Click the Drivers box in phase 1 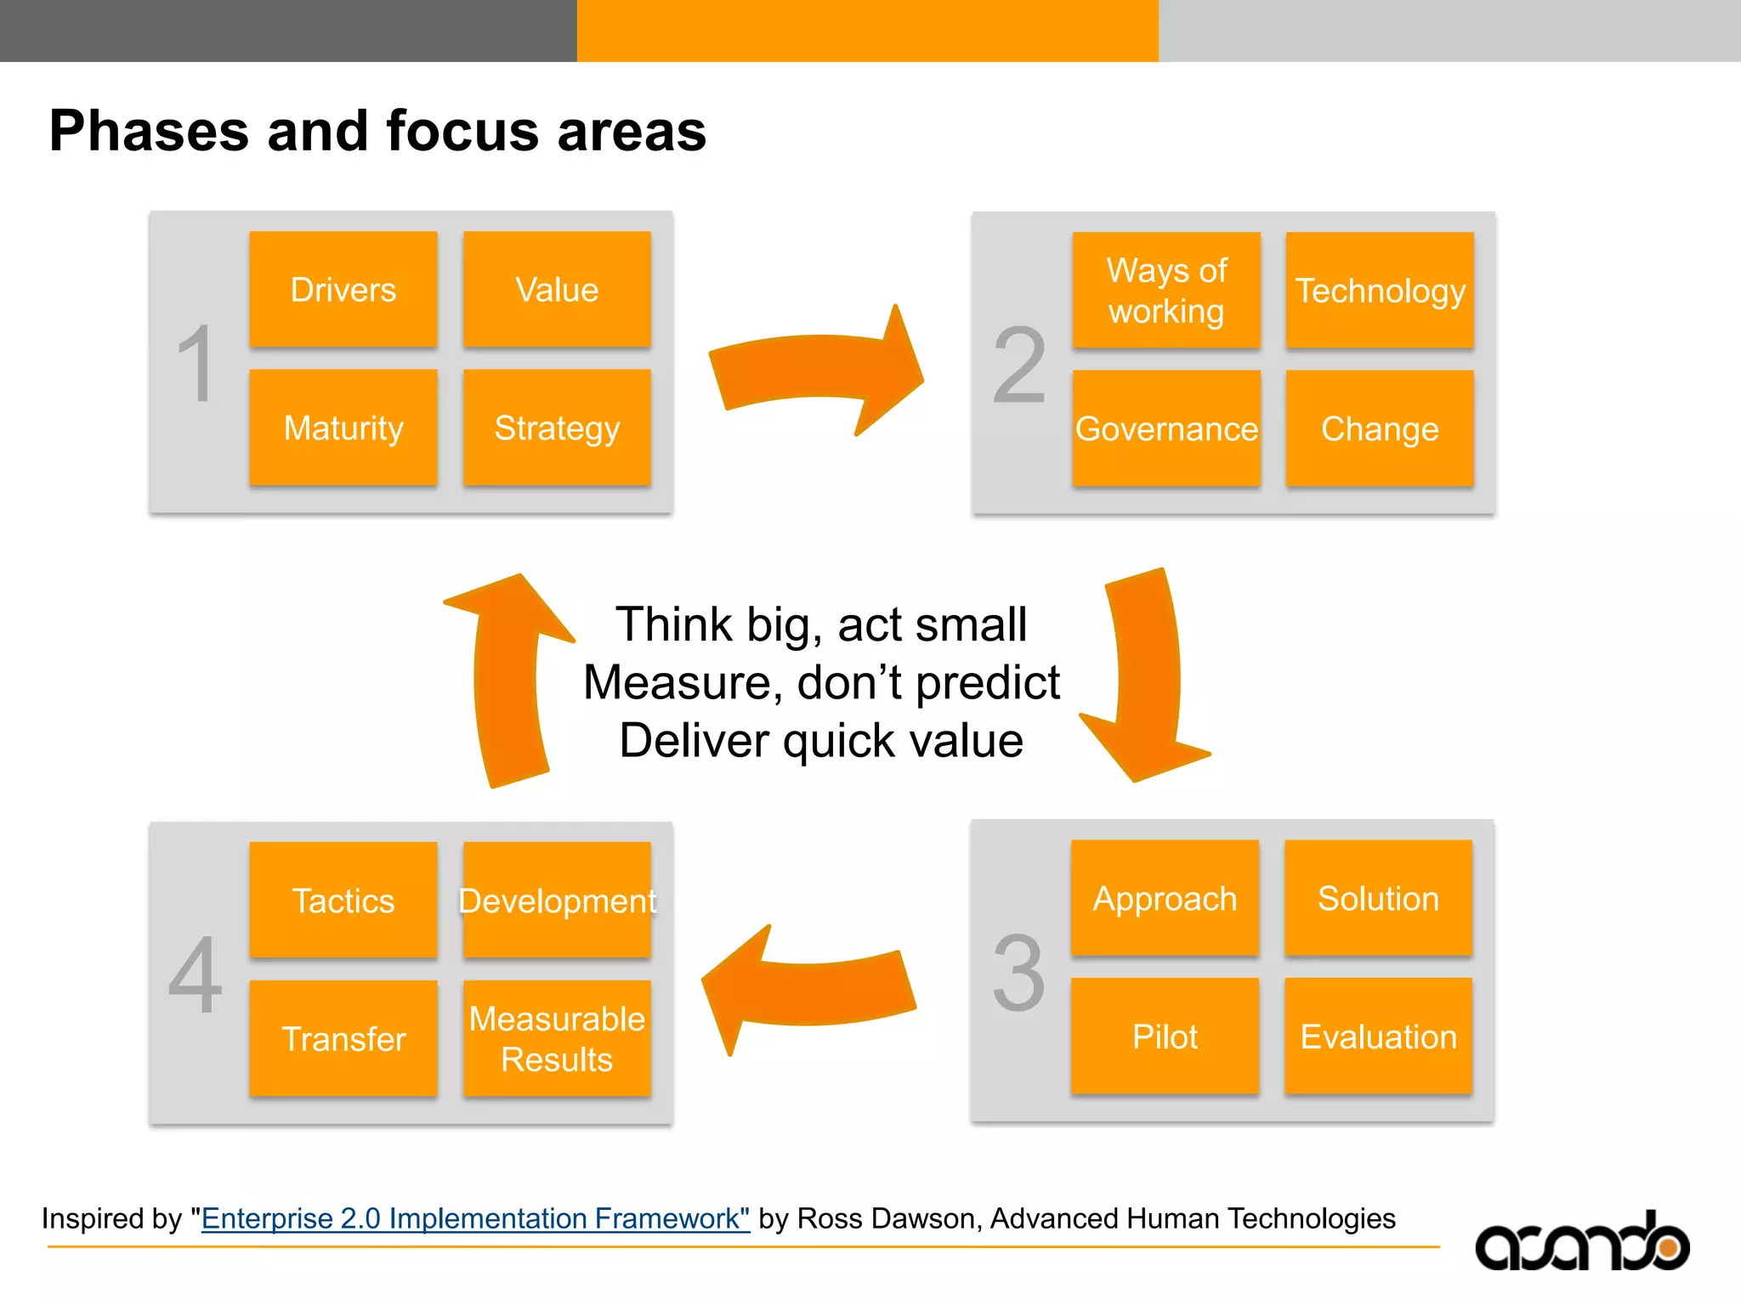343,290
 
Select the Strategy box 557,427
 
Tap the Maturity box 343,427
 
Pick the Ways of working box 1166,291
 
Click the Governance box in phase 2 1166,429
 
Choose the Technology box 1380,291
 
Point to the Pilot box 1165,1037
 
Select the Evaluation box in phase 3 1378,1037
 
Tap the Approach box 1165,898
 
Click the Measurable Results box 557,1038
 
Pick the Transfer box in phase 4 343,1038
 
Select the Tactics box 343,901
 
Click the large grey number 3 1018,973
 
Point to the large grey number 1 196,364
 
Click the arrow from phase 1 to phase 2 816,370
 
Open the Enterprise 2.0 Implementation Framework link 475,1218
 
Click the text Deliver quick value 821,740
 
